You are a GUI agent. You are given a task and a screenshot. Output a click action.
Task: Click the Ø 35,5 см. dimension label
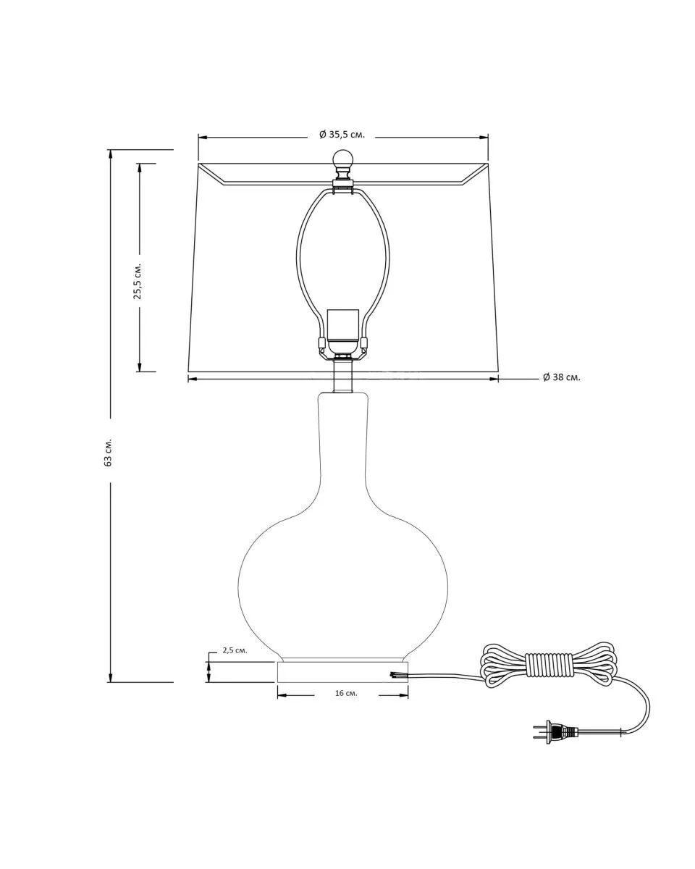[x=342, y=135]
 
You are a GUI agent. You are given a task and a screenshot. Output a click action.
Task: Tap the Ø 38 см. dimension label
[x=561, y=377]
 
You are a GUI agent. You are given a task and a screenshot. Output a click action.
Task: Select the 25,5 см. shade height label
[x=138, y=282]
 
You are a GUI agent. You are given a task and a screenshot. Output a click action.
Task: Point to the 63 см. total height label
[x=108, y=452]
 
